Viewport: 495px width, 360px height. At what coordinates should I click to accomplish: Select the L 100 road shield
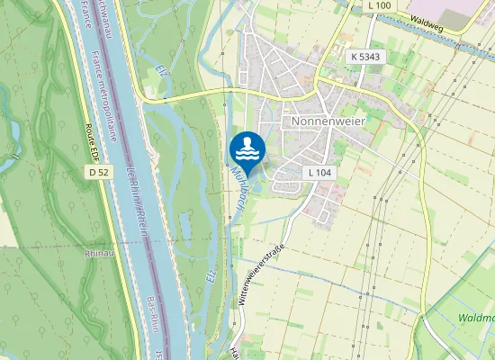click(x=380, y=5)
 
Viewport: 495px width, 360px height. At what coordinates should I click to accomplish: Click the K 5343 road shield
click(x=365, y=57)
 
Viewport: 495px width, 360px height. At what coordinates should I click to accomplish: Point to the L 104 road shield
click(x=319, y=172)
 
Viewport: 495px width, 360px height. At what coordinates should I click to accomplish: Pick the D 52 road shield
click(x=98, y=170)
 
